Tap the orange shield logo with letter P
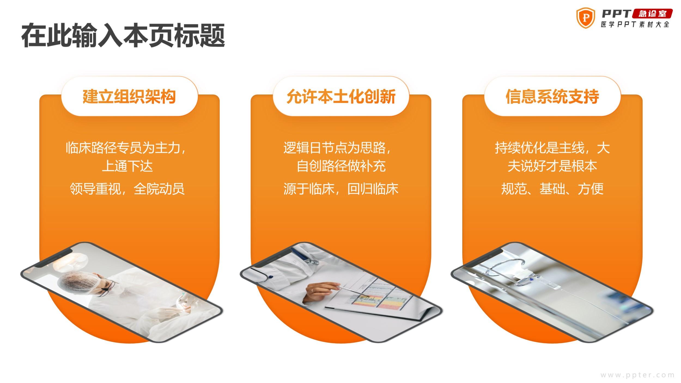coord(585,18)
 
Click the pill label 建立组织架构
coord(129,96)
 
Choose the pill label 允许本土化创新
coord(341,96)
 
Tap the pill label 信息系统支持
coord(552,96)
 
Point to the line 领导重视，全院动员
coord(127,189)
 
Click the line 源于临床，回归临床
coord(341,189)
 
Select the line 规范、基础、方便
coord(552,189)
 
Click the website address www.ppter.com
coord(637,375)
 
